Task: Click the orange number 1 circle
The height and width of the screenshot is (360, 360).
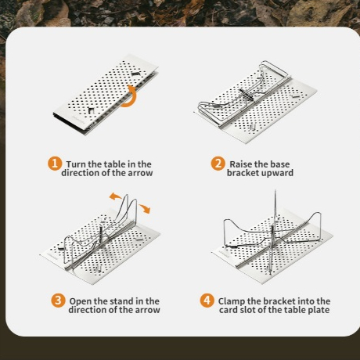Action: coord(55,164)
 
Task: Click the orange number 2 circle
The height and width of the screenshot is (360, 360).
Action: coord(218,164)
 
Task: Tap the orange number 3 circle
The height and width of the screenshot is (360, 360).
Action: coord(58,301)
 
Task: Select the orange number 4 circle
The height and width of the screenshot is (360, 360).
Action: coord(207,301)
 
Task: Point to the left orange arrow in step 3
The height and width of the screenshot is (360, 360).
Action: coord(115,196)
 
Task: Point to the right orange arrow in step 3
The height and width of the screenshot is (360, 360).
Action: coord(145,208)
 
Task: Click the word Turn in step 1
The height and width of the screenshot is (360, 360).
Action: coord(76,164)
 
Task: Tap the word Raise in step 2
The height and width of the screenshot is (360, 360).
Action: coord(241,164)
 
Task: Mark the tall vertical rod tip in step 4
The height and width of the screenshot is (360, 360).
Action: coord(275,191)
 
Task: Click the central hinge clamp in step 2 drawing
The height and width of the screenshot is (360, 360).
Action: coord(247,94)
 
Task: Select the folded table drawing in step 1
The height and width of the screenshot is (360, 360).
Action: coord(106,95)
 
